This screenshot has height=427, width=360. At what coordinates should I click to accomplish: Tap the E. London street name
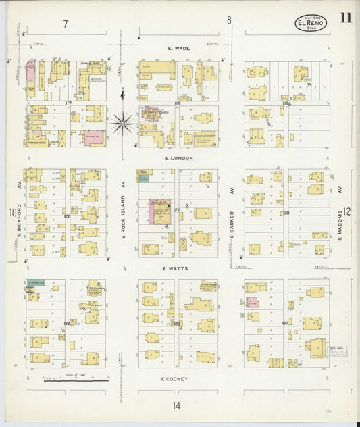[x=179, y=158]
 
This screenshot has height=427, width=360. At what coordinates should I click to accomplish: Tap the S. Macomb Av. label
[x=342, y=211]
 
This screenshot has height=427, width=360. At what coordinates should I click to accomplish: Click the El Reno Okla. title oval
[x=310, y=24]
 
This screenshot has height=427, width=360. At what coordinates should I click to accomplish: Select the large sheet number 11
[x=345, y=18]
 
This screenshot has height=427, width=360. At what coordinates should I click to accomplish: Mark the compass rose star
[x=122, y=123]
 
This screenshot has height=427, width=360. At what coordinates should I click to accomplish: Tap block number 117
[x=68, y=103]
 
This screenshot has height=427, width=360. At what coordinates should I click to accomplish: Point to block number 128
[x=286, y=213]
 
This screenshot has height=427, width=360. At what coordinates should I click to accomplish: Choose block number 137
[x=286, y=323]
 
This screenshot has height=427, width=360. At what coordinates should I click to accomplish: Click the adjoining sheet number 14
[x=176, y=406]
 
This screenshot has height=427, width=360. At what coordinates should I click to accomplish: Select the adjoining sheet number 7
[x=66, y=24]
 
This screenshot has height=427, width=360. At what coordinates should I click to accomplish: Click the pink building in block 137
[x=251, y=302]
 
